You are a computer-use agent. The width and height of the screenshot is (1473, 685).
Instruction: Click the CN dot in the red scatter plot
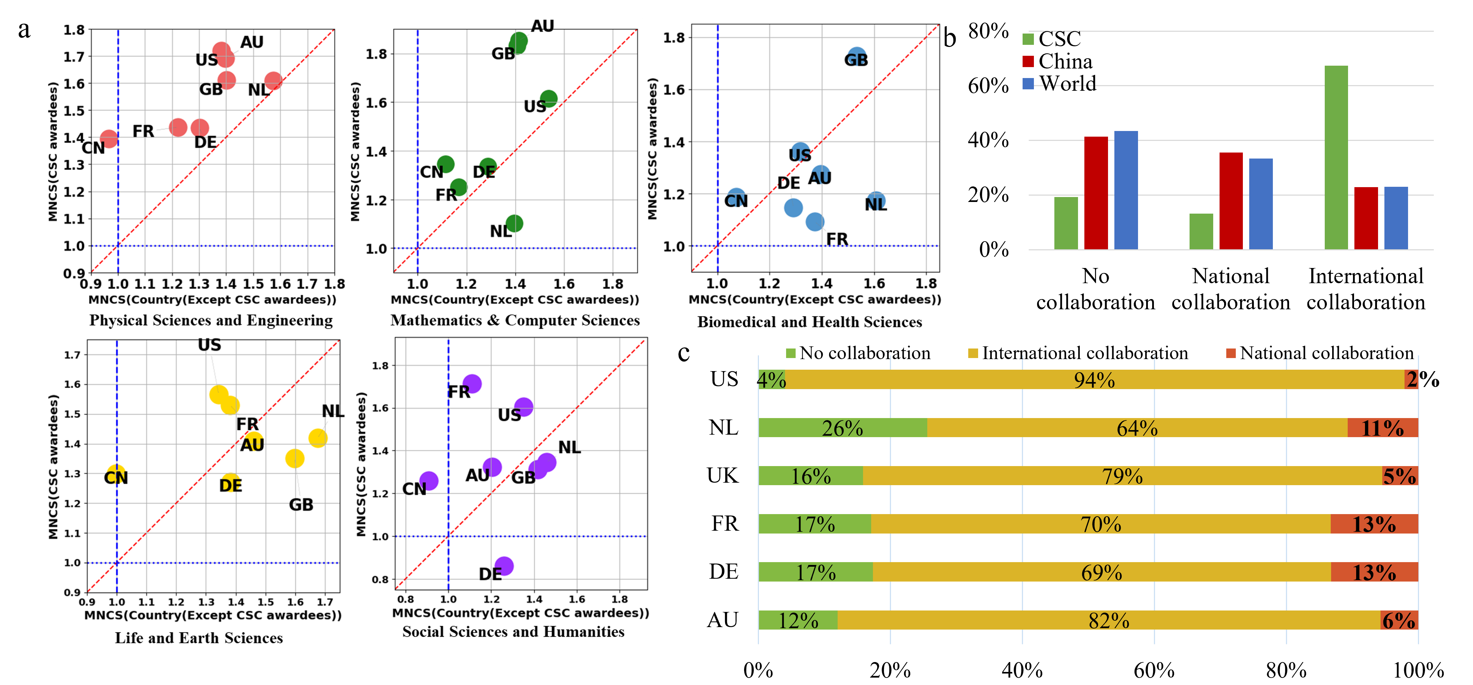tap(109, 138)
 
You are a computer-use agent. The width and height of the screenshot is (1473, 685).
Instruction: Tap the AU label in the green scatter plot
tap(542, 26)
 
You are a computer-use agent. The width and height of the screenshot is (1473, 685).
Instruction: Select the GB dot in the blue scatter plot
tap(856, 56)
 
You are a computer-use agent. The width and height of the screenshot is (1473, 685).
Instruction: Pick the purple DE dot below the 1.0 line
tap(504, 566)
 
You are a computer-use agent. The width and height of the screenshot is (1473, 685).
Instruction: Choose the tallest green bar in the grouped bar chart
tap(1336, 157)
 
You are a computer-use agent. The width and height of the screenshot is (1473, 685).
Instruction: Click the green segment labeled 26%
tap(842, 428)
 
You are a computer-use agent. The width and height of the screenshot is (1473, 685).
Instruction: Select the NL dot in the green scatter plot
tap(514, 223)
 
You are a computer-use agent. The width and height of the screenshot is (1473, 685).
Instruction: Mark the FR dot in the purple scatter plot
tap(472, 384)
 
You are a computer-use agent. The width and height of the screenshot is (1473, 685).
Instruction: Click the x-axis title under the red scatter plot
tap(212, 300)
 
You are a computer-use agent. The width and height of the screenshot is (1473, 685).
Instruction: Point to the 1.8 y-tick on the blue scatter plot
tap(673, 38)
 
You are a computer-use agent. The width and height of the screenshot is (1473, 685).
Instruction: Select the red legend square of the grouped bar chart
tap(1028, 61)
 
